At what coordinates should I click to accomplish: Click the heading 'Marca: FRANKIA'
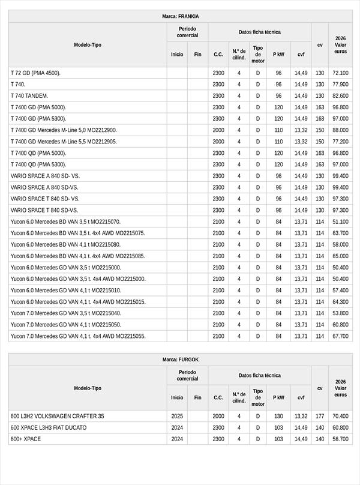[x=180, y=16]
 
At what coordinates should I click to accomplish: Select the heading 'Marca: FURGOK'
[x=180, y=360]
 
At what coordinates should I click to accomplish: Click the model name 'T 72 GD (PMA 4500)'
[x=35, y=73]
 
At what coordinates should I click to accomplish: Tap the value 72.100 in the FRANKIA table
[x=340, y=73]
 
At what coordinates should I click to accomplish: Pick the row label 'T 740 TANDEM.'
[x=29, y=96]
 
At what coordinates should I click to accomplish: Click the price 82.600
[x=340, y=96]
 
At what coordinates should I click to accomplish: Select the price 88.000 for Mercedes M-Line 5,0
[x=340, y=130]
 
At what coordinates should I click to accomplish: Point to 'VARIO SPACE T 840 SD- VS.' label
[x=45, y=199]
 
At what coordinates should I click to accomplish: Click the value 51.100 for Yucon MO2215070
[x=340, y=221]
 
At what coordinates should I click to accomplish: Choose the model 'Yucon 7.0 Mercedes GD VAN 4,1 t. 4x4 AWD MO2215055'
[x=78, y=336]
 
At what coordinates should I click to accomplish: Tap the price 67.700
[x=340, y=336]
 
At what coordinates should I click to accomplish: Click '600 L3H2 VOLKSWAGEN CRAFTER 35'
[x=57, y=416]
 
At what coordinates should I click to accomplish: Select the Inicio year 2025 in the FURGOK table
[x=177, y=416]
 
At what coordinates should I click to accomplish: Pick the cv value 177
[x=320, y=416]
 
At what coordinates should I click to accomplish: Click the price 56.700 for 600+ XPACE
[x=340, y=439]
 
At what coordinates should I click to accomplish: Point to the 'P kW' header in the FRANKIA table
[x=278, y=54]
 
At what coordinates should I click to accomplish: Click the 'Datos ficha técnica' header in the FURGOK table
[x=259, y=375]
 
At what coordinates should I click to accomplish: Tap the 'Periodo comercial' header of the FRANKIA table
[x=187, y=32]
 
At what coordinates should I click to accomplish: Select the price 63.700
[x=340, y=233]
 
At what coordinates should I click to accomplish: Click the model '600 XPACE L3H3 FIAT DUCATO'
[x=49, y=427]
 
